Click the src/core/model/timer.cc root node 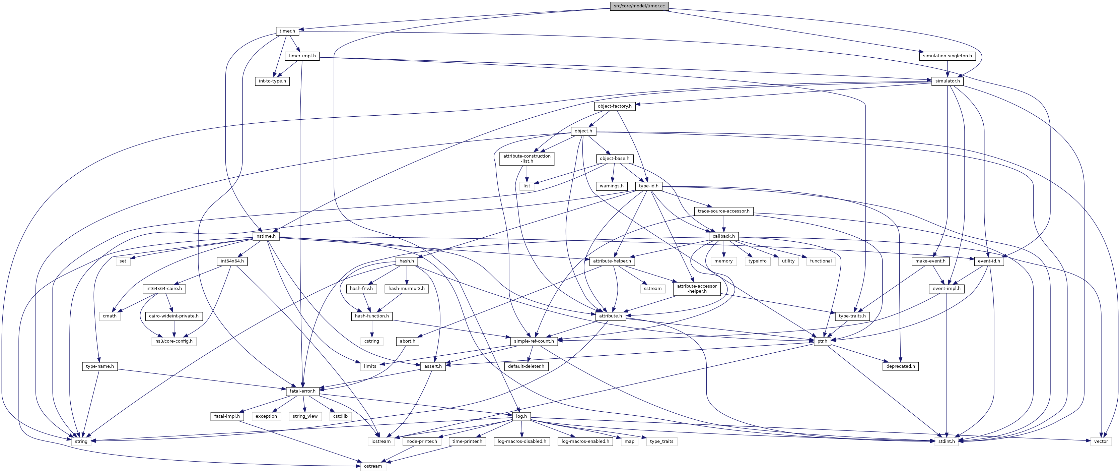coord(639,6)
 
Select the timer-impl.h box coord(302,56)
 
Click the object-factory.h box coord(614,106)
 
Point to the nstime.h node coord(266,236)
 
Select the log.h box coord(521,416)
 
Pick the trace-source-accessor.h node coord(723,211)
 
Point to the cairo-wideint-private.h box coord(173,316)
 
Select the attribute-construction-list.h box coord(527,158)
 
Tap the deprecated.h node coord(900,366)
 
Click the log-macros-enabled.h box coord(585,441)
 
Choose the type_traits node coord(661,441)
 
